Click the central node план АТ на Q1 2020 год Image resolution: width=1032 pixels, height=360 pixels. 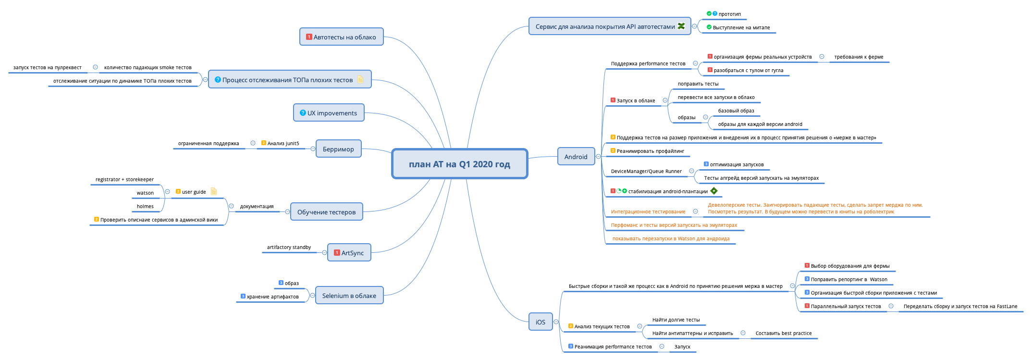click(459, 164)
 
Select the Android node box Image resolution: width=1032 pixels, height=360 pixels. click(576, 157)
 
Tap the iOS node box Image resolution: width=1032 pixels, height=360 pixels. click(541, 322)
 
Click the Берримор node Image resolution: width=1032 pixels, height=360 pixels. click(338, 149)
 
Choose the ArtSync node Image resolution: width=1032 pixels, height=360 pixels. click(349, 253)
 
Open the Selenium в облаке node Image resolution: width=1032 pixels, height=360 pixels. click(349, 296)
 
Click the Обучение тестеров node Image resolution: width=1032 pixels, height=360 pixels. click(326, 212)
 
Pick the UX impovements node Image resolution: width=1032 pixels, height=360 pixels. click(329, 113)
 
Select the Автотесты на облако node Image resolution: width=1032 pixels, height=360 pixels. click(341, 37)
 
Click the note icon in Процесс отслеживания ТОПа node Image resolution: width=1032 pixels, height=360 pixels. click(360, 80)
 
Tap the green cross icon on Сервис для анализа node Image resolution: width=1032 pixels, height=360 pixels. click(681, 26)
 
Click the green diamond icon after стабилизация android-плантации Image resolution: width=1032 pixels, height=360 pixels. click(714, 191)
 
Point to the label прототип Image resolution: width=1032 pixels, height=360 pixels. click(729, 14)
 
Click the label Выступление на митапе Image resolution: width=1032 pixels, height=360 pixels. click(741, 27)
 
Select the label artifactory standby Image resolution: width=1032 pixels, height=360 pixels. click(289, 247)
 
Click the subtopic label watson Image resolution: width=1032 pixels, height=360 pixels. click(145, 193)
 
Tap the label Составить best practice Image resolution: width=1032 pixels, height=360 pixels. click(783, 333)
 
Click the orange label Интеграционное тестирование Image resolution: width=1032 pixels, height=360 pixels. click(648, 211)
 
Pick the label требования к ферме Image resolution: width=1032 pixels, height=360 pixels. click(859, 57)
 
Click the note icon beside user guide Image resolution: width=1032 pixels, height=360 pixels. click(214, 191)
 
